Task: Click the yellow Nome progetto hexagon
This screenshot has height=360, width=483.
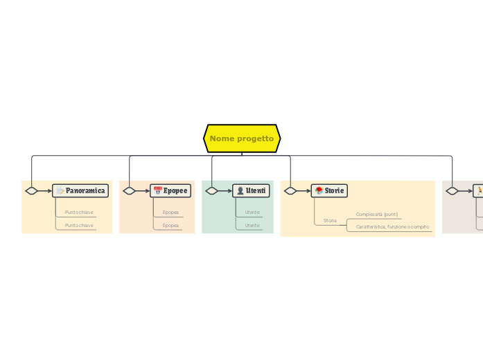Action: point(242,138)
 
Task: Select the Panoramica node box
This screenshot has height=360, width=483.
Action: point(80,190)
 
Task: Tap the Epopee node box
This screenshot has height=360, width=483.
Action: point(170,190)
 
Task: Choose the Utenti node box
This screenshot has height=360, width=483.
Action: point(251,190)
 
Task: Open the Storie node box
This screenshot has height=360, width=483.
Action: point(329,190)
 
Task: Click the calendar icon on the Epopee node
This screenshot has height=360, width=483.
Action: point(158,190)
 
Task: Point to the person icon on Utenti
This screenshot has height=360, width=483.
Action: point(240,190)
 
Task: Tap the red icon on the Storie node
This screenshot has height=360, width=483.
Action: point(319,190)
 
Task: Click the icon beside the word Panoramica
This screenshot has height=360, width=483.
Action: point(60,190)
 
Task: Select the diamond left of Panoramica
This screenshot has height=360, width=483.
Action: point(32,190)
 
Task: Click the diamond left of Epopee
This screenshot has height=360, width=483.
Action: point(129,190)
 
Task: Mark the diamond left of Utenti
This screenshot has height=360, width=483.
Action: point(211,190)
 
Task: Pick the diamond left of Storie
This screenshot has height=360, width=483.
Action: point(290,190)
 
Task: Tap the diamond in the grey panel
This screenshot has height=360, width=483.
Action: point(452,190)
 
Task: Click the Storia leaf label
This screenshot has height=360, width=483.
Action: point(330,220)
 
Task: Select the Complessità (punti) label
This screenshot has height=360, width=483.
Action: point(377,215)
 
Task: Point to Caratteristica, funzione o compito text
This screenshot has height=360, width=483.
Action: point(392,226)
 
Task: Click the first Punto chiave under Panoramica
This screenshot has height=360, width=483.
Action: point(79,213)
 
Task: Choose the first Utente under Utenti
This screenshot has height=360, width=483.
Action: point(252,213)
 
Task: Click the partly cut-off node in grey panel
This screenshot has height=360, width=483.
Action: point(478,190)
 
